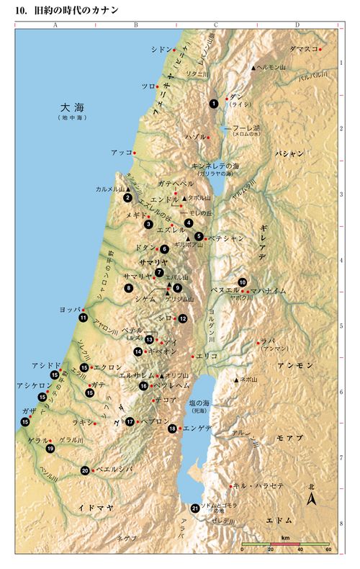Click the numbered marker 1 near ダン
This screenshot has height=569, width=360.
click(x=214, y=104)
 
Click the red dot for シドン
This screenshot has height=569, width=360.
click(x=174, y=50)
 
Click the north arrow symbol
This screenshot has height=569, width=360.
click(x=311, y=498)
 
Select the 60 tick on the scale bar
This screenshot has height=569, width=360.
click(x=328, y=550)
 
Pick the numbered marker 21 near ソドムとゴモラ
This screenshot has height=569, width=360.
click(x=195, y=508)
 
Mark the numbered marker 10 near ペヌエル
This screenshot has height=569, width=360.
click(x=243, y=282)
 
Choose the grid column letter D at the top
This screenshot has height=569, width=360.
click(x=297, y=25)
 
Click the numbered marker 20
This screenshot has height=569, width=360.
click(x=85, y=470)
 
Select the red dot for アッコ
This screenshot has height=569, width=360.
click(x=135, y=153)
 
